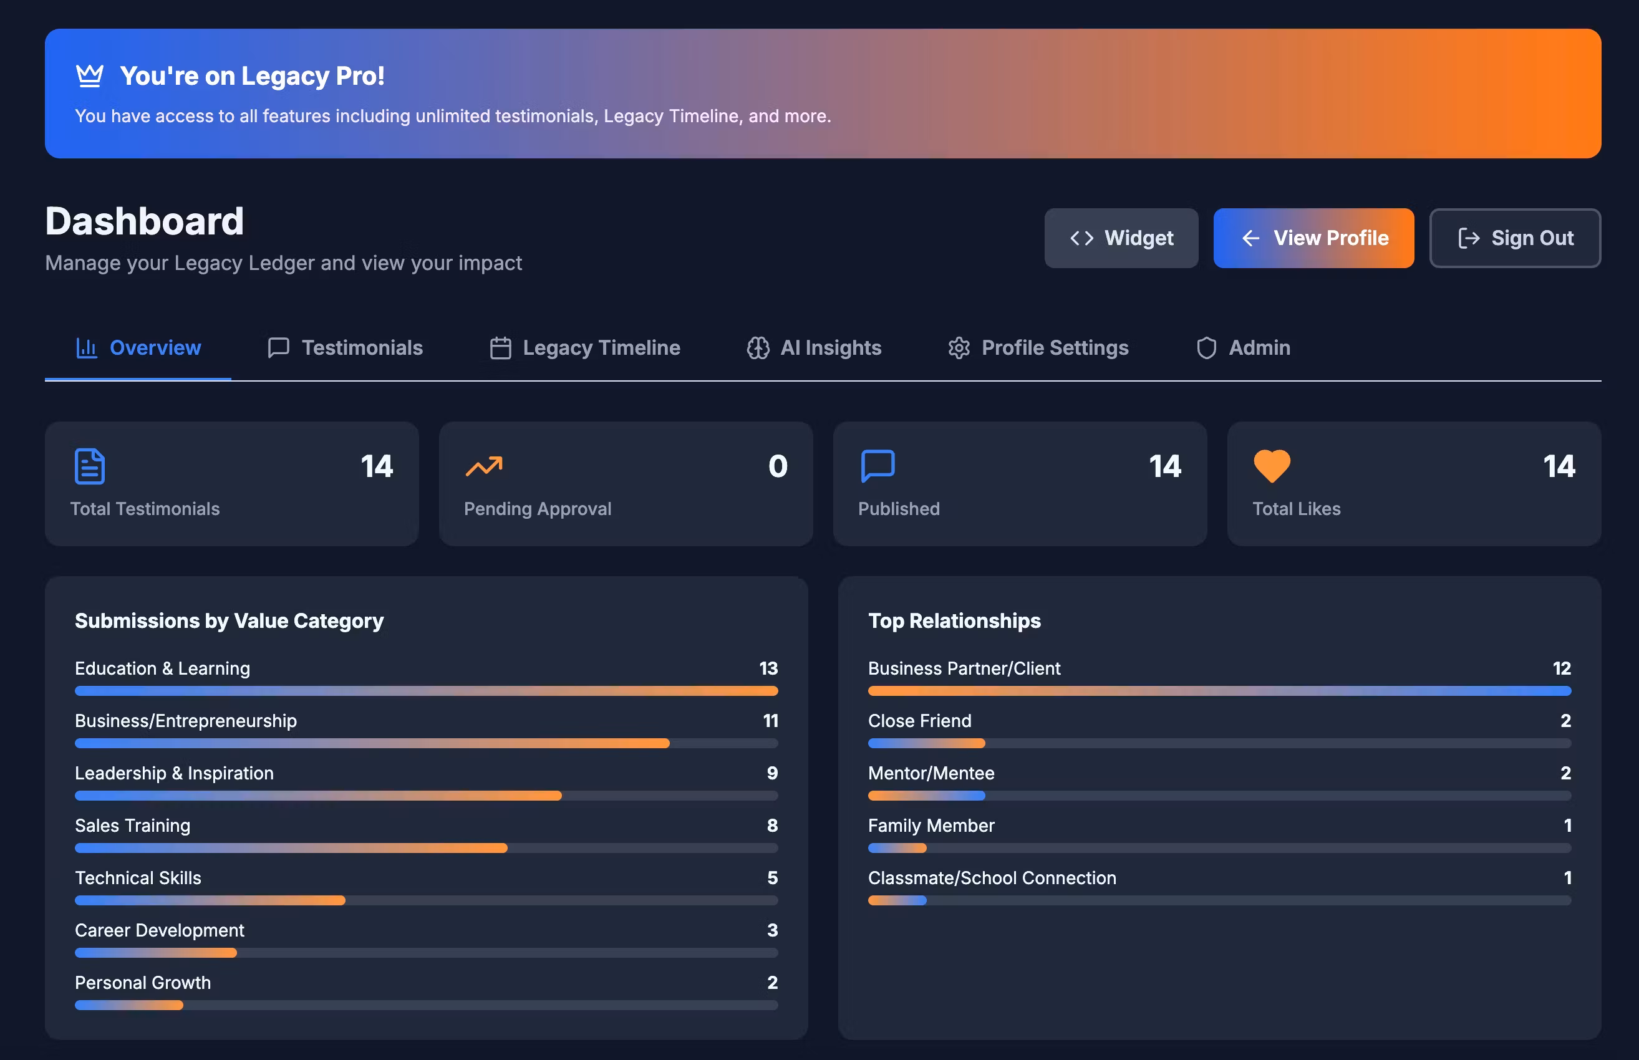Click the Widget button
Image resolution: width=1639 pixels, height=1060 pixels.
pos(1121,238)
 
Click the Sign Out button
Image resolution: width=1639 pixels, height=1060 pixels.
pos(1514,238)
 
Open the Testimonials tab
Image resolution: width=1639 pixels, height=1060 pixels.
pos(345,347)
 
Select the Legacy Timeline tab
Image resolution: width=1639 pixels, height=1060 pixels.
pos(584,347)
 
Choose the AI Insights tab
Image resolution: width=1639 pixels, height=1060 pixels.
pos(814,347)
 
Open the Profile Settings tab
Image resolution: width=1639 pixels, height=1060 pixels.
pos(1038,347)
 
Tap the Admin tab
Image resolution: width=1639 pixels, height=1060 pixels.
pos(1242,347)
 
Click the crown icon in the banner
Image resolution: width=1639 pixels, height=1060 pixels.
pos(89,75)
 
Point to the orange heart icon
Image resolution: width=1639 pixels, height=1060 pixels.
pos(1272,466)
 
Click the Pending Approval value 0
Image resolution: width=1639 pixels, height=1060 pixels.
pos(778,466)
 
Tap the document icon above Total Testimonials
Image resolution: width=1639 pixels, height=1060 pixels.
pos(89,466)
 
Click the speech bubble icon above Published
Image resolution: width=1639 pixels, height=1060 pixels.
pos(878,466)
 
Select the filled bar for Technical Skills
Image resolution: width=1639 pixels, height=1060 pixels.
pos(210,900)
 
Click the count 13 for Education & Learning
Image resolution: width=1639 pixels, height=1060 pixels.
pos(768,668)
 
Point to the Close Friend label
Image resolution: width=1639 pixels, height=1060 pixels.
pos(920,721)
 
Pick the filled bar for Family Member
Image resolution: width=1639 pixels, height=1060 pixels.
pos(897,848)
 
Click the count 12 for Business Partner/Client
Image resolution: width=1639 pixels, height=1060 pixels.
pos(1561,668)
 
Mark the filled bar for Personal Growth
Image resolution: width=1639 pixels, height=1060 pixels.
pos(128,1005)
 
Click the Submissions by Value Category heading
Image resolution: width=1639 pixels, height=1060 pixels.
pos(230,621)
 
